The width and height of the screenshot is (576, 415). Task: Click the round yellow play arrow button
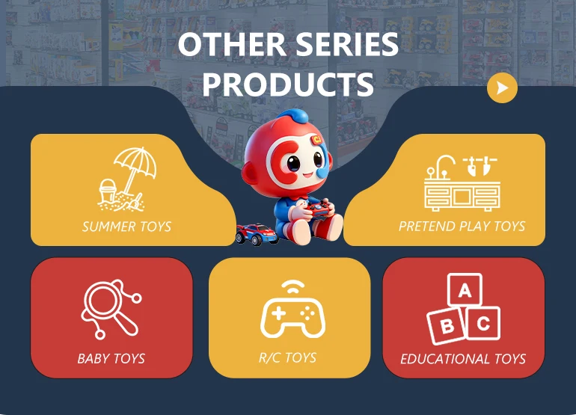pyautogui.click(x=502, y=87)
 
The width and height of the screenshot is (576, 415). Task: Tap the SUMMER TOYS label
pyautogui.click(x=126, y=227)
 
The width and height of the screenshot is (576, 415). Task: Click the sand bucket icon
pyautogui.click(x=108, y=191)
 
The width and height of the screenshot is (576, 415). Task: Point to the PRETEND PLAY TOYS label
pyautogui.click(x=462, y=227)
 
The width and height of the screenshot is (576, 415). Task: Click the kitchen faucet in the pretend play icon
pyautogui.click(x=442, y=166)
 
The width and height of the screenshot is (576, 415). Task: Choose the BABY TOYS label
pyautogui.click(x=111, y=358)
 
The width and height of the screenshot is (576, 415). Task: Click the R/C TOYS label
pyautogui.click(x=288, y=357)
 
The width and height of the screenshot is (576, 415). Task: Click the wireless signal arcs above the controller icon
pyautogui.click(x=292, y=287)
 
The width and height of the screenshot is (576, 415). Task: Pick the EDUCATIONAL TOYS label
pyautogui.click(x=463, y=359)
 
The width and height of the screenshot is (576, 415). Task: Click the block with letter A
pyautogui.click(x=465, y=290)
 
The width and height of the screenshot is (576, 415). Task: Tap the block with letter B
pyautogui.click(x=446, y=326)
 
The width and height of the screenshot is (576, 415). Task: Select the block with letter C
pyautogui.click(x=483, y=323)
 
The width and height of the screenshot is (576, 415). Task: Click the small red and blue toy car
pyautogui.click(x=257, y=234)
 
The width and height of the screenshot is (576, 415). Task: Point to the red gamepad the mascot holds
pyautogui.click(x=319, y=208)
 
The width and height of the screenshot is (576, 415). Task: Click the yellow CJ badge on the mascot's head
pyautogui.click(x=317, y=140)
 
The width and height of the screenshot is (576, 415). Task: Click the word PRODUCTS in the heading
pyautogui.click(x=288, y=84)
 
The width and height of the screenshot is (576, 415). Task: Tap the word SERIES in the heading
pyautogui.click(x=347, y=44)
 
